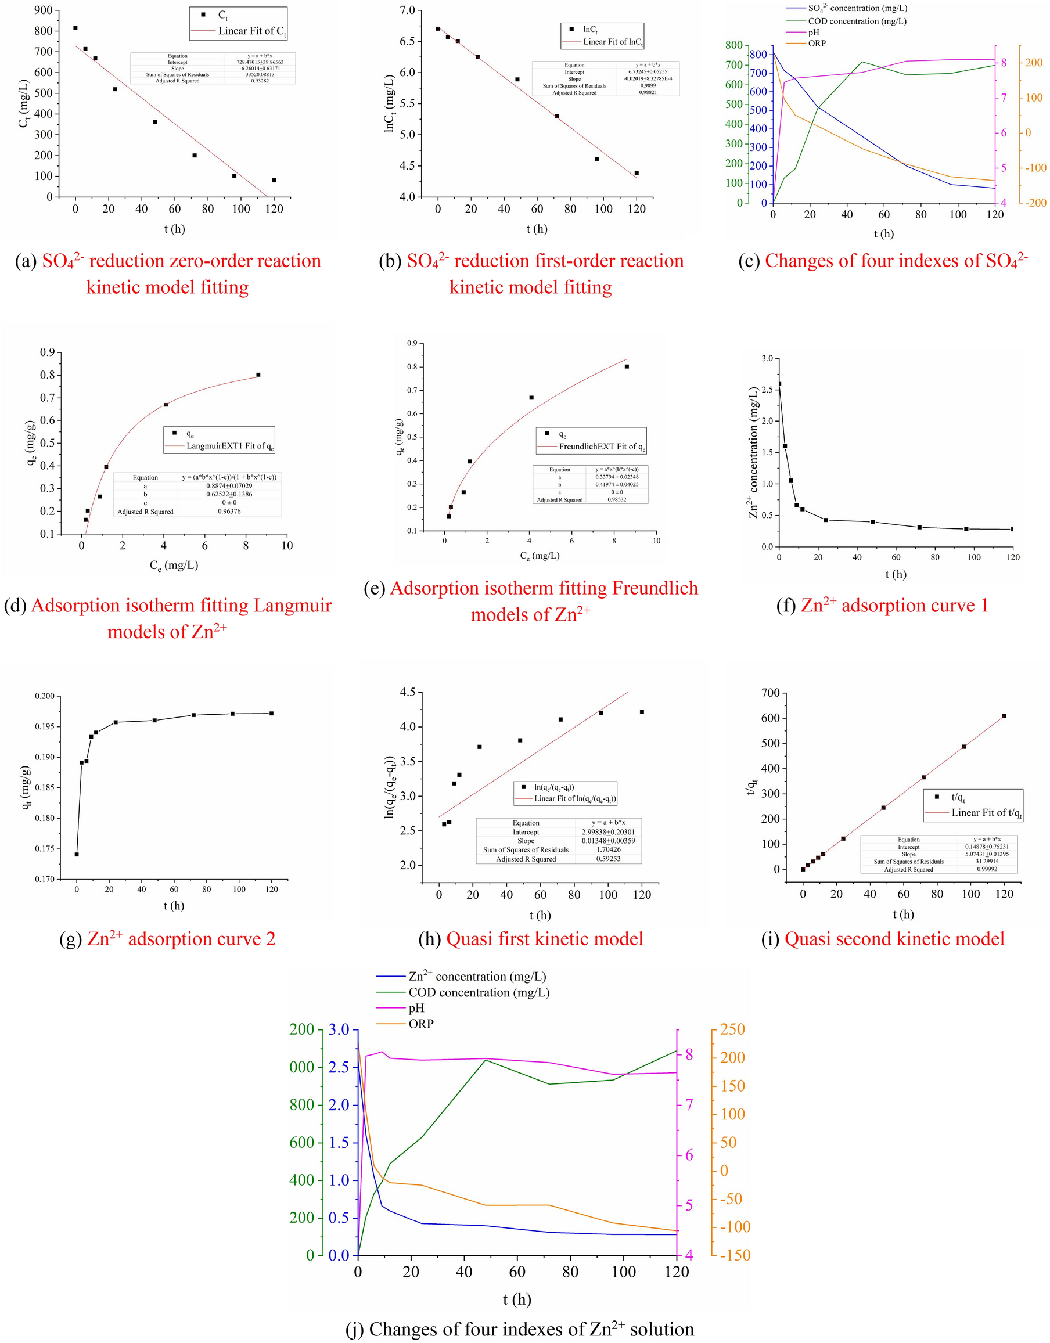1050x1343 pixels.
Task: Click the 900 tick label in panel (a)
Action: pos(43,10)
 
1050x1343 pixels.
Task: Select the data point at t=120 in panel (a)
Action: pos(274,180)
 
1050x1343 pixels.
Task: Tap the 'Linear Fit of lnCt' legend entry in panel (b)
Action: pos(613,42)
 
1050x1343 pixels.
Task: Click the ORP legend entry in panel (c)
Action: pos(817,44)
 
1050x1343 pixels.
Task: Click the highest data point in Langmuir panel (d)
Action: pos(258,375)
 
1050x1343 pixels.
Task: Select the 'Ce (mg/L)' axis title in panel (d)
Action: pos(174,565)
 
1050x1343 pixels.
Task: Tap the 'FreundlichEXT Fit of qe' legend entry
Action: pos(602,447)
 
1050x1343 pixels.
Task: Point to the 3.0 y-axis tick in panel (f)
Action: pos(767,358)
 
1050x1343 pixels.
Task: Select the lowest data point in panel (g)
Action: pos(77,854)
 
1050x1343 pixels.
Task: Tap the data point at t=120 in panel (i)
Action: pos(1004,716)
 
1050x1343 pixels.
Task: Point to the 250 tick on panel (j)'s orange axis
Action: pos(732,1030)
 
